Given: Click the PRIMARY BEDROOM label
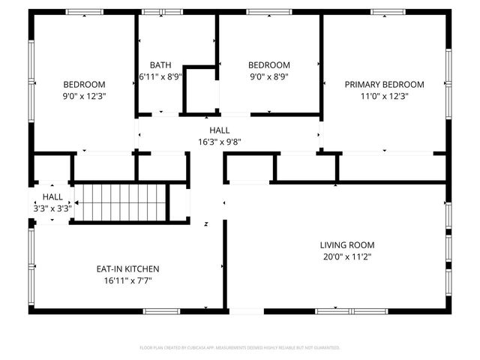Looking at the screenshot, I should tap(384, 85).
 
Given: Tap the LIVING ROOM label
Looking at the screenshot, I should tap(346, 245).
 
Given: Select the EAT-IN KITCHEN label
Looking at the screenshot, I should tap(127, 269).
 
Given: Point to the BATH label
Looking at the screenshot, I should tap(160, 65).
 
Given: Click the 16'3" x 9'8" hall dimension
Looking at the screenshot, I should tap(219, 141).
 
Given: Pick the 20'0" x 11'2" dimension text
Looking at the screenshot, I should tap(346, 256).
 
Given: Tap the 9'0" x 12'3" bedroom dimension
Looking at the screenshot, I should tap(84, 96).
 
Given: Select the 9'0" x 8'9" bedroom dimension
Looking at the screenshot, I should tap(268, 76).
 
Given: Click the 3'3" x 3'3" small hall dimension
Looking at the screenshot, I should tap(52, 208).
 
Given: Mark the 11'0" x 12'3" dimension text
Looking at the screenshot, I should tap(384, 96).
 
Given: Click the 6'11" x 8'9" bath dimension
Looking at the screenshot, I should tap(160, 76).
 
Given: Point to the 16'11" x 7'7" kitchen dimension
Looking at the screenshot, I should tap(127, 280).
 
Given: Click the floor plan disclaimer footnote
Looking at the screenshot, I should tap(240, 348).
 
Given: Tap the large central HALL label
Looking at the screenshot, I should tap(219, 130).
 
